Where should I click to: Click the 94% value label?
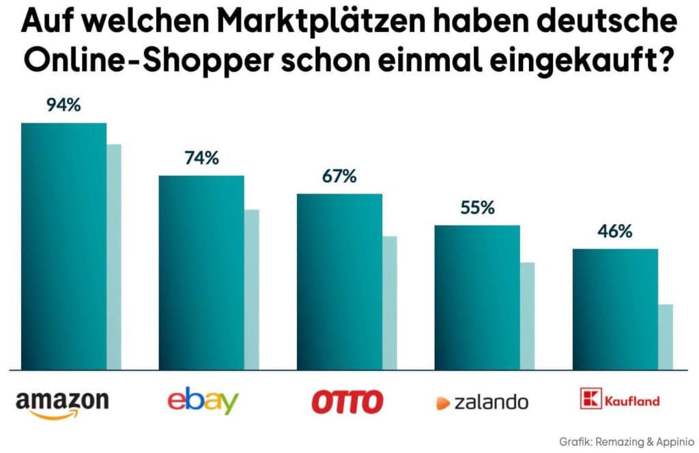pyautogui.click(x=63, y=106)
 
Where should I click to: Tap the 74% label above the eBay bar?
pyautogui.click(x=201, y=159)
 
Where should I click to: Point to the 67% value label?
pyautogui.click(x=339, y=177)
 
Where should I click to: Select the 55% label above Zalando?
pyautogui.click(x=477, y=208)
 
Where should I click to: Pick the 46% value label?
pyautogui.click(x=615, y=232)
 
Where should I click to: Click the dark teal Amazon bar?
pyautogui.click(x=63, y=246)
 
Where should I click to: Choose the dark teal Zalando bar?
pyautogui.click(x=477, y=297)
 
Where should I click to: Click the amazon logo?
pyautogui.click(x=62, y=402)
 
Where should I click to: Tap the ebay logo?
pyautogui.click(x=203, y=400)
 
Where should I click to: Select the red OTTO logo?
pyautogui.click(x=347, y=402)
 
